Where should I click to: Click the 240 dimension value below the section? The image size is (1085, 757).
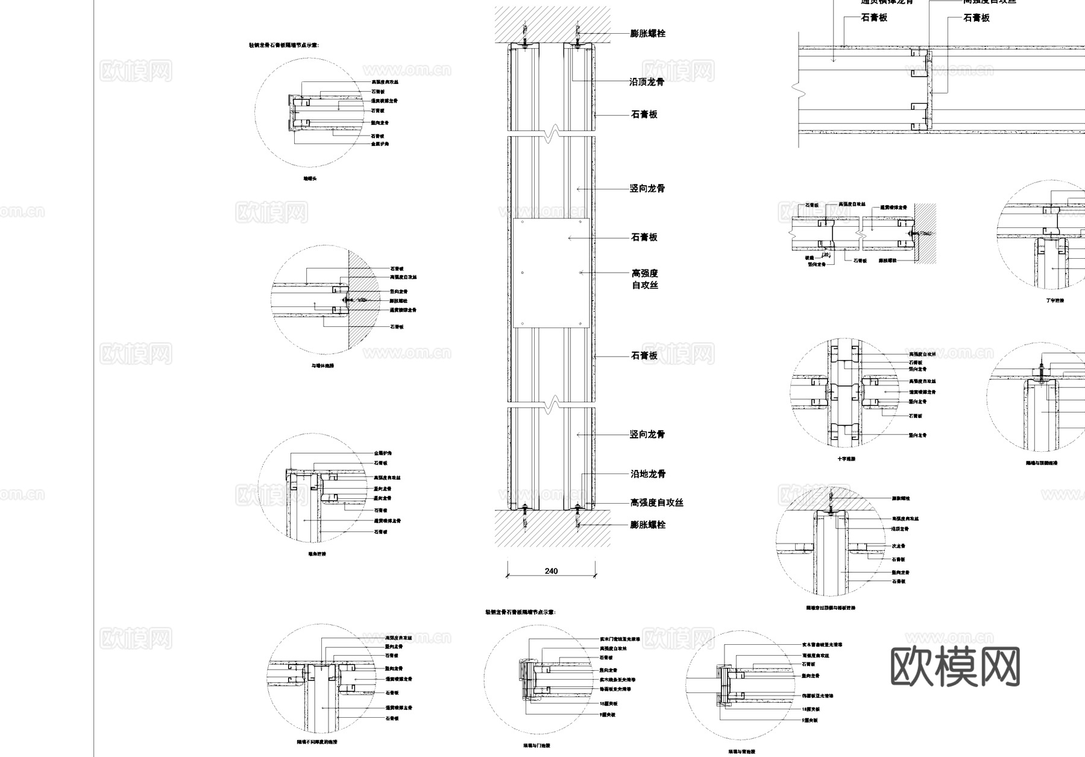pos(551,571)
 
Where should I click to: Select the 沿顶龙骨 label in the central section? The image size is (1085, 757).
pos(647,82)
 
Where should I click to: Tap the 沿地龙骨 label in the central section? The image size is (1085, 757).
pos(648,474)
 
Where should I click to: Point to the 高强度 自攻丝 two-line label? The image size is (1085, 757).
pos(645,279)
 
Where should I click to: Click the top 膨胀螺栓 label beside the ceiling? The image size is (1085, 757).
pos(648,34)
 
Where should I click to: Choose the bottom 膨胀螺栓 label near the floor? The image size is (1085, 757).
pos(648,525)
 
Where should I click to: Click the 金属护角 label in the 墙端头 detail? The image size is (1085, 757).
pos(380,144)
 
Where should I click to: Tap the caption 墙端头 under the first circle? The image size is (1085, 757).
pos(310,179)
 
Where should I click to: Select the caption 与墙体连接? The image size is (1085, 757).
pos(322,366)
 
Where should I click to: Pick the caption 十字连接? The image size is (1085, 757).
pos(846,459)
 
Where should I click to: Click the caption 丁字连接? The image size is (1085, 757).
pos(1055,300)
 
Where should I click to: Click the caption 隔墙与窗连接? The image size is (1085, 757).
pos(741,752)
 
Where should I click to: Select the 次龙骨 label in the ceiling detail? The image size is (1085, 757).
pos(899,546)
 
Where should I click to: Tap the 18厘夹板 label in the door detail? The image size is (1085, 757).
pos(608,704)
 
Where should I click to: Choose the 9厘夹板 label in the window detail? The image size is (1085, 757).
pos(810,720)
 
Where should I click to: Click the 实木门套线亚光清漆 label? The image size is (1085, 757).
pos(619,639)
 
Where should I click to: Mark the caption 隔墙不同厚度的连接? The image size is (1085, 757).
pos(317,742)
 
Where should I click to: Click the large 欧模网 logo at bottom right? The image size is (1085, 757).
pos(955,667)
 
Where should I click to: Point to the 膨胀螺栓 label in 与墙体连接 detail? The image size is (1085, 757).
pos(398,300)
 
